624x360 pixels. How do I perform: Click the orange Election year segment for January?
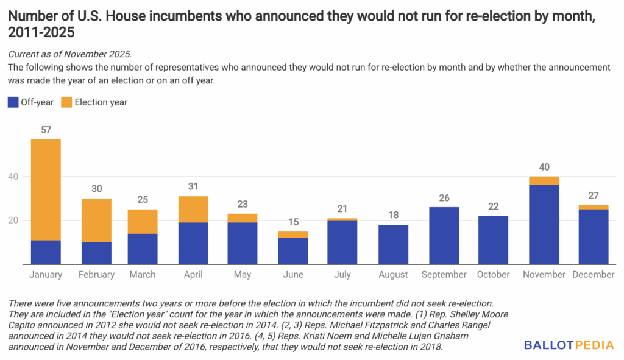coord(46,189)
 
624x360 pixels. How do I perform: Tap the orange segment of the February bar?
coord(96,220)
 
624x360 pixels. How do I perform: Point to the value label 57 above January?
coord(46,130)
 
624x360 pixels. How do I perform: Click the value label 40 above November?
coord(544,167)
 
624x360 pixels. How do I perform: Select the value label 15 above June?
coord(293,222)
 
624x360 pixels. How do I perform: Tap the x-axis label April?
coord(193,275)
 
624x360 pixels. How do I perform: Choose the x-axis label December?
coord(593,275)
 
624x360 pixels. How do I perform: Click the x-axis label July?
coord(342,275)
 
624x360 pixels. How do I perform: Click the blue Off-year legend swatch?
coord(13,102)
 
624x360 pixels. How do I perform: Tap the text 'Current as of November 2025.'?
coord(69,55)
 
